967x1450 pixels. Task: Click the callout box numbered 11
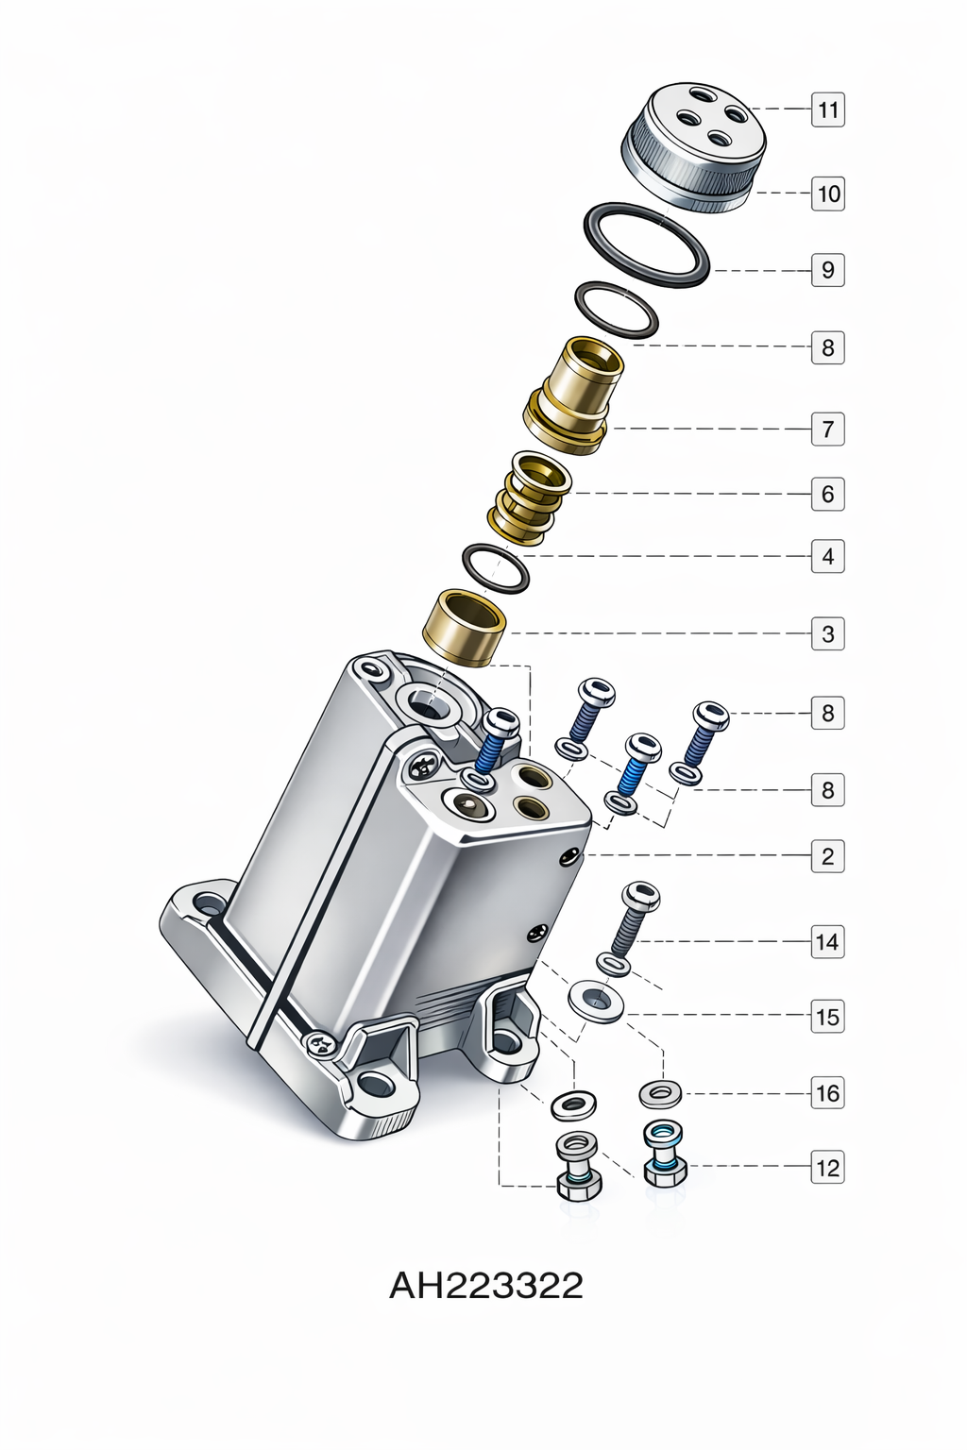(x=828, y=110)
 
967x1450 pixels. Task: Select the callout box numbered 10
(x=828, y=193)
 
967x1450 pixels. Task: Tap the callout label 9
(x=828, y=269)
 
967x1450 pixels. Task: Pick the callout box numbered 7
(x=828, y=429)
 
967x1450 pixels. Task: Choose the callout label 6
(x=828, y=494)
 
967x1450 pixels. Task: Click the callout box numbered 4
(x=828, y=556)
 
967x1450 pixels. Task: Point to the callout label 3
(x=828, y=633)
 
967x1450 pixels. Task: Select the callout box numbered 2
(x=828, y=856)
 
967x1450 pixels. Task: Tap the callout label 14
(x=828, y=941)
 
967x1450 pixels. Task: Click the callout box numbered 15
(x=828, y=1017)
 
